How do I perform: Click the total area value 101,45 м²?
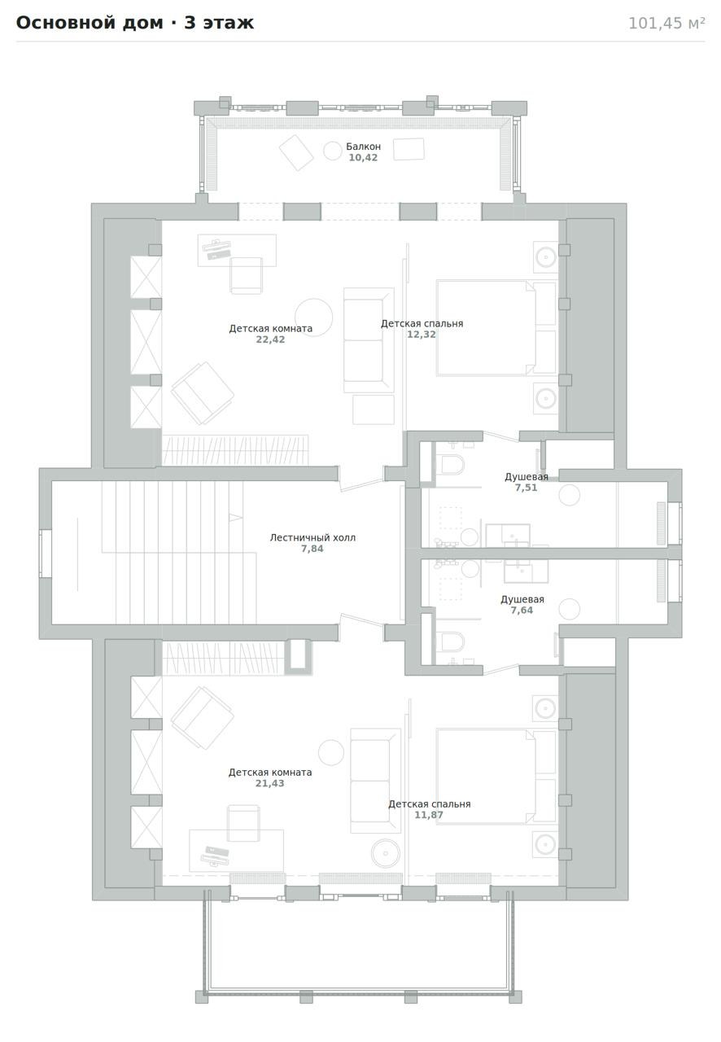[x=666, y=24]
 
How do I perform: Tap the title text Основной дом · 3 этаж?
[x=135, y=23]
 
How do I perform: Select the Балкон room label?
[x=363, y=147]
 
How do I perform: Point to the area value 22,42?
[x=270, y=339]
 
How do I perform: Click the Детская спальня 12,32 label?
[x=422, y=329]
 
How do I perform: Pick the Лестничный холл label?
[x=312, y=538]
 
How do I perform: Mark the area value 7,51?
[x=526, y=488]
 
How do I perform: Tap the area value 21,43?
[x=270, y=783]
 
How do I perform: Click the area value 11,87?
[x=429, y=815]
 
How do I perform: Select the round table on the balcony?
[x=333, y=151]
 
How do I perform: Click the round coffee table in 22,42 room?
[x=314, y=317]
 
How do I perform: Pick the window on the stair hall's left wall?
[x=45, y=554]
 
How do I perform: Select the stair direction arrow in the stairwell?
[x=236, y=517]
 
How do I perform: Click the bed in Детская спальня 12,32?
[x=496, y=327]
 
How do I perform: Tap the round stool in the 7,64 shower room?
[x=570, y=610]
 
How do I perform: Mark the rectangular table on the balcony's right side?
[x=409, y=149]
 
